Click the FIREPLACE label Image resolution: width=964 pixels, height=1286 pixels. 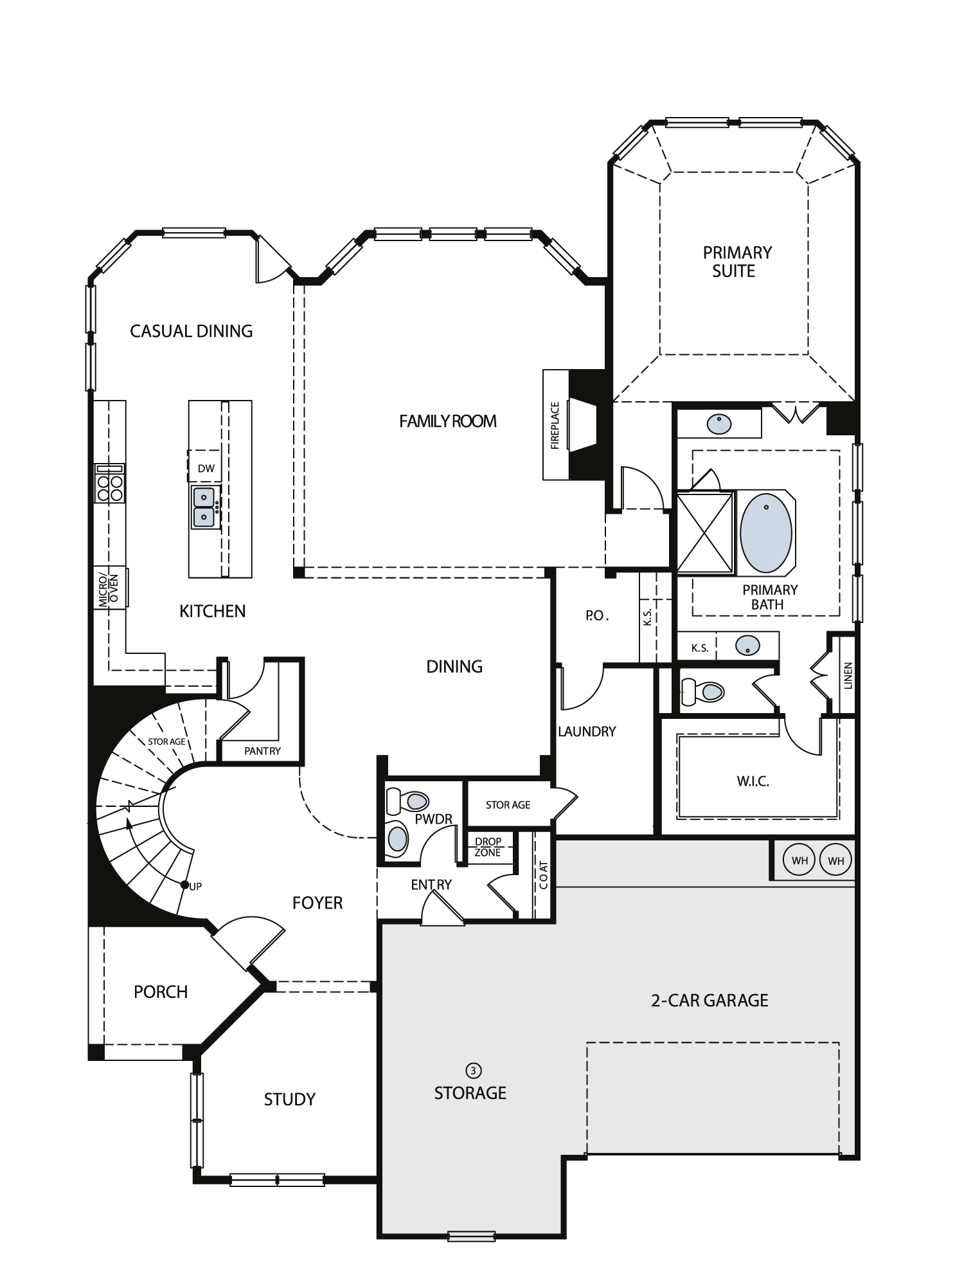pos(555,425)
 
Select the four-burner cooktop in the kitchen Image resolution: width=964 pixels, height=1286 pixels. pos(109,487)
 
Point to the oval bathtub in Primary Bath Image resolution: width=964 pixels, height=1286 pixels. pos(765,532)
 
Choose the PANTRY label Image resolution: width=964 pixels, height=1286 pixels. pos(262,750)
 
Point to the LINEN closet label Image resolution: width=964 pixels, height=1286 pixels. pos(848,676)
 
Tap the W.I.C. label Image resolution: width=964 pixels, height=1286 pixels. pos(753,781)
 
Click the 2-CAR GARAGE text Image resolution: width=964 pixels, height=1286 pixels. pos(710,1001)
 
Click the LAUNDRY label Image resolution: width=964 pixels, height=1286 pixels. pos(587,731)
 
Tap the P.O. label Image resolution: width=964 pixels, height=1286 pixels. pos(596,615)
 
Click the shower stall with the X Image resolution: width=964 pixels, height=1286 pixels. pos(705,532)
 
